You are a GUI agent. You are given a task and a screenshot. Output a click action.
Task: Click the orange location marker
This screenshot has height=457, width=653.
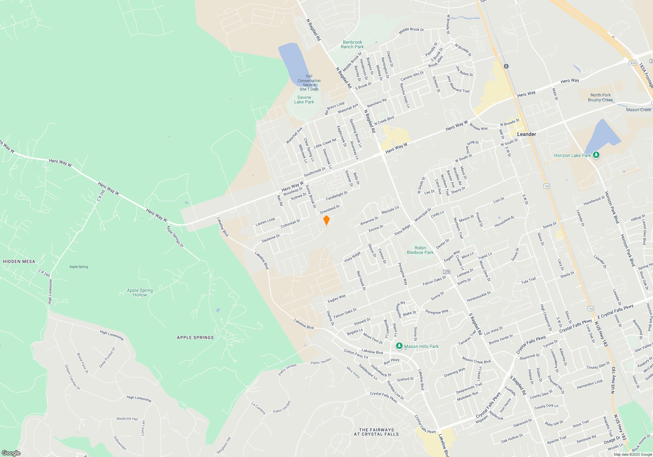click(x=326, y=220)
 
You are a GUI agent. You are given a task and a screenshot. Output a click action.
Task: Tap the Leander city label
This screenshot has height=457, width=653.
click(x=526, y=134)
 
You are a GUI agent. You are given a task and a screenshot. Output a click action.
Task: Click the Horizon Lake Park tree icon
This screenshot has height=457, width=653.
click(x=596, y=155)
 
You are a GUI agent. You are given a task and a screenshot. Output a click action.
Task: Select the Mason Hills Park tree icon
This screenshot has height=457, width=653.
click(x=399, y=346)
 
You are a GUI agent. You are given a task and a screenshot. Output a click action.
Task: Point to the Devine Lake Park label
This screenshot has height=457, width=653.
click(x=304, y=100)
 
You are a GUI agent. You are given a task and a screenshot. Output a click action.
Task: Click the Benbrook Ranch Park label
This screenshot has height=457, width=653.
click(x=352, y=44)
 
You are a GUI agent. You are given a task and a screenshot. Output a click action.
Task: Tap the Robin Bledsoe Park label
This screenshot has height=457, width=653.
click(x=420, y=250)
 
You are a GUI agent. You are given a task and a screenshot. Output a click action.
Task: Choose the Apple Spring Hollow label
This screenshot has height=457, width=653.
click(x=140, y=292)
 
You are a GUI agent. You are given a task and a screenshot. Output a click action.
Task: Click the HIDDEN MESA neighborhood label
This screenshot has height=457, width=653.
click(x=19, y=261)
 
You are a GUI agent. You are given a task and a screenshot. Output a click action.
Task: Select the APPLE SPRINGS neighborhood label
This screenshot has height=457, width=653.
click(x=195, y=338)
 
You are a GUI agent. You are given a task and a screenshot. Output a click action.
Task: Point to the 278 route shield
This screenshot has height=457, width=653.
click(x=447, y=272)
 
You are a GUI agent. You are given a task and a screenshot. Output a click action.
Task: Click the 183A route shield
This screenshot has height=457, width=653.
click(x=632, y=63)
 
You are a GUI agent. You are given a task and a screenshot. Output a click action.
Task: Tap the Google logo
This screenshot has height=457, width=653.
click(x=11, y=453)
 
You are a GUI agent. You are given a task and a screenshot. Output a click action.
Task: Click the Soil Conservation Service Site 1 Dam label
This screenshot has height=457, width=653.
click(x=309, y=83)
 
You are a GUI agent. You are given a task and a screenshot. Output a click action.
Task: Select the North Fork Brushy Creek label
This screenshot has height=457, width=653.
click(x=600, y=98)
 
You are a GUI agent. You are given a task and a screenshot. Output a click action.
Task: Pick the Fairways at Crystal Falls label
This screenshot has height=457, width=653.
click(x=376, y=432)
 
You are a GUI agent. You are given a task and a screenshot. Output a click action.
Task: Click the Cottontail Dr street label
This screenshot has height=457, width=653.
click(x=290, y=224)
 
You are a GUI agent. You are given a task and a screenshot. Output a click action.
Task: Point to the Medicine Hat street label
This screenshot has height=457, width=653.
click(x=127, y=418)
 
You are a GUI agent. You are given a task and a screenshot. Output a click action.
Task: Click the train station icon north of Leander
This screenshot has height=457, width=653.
click(x=506, y=66)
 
